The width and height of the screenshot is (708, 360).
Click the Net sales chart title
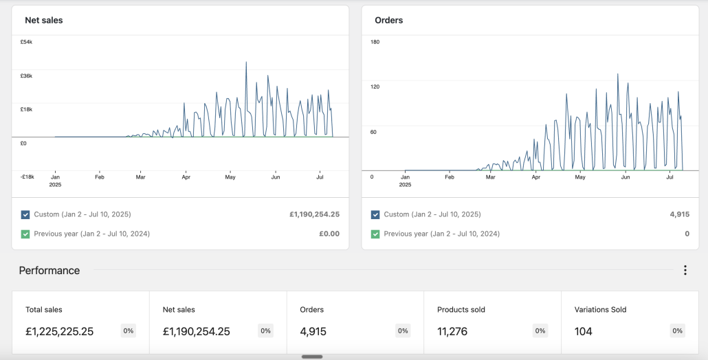point(44,21)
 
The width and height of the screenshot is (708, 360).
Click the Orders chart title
point(389,21)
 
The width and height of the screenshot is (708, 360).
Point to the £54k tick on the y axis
point(26,42)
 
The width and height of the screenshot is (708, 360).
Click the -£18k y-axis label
point(27,177)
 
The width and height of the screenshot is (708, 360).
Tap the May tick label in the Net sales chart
point(230,177)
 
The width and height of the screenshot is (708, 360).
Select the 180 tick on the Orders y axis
point(375,42)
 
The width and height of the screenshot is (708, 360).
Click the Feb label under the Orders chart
point(450,177)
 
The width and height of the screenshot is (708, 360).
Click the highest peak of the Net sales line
point(246,63)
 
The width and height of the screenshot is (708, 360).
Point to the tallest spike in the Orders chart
point(618,74)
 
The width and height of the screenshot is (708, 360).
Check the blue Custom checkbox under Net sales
point(25,215)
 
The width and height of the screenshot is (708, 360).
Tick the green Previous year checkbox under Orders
point(375,234)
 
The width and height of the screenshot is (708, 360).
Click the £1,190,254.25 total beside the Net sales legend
point(314,215)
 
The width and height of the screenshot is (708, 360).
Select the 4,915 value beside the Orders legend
point(680,215)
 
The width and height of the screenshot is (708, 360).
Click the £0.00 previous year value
point(329,234)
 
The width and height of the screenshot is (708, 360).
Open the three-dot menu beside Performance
point(685,270)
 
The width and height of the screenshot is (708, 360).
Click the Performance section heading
point(49,271)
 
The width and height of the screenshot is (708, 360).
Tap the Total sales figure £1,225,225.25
point(60,332)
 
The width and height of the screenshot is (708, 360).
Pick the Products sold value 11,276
point(452,332)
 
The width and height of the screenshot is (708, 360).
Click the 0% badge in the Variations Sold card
point(677,330)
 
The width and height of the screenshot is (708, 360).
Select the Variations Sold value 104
point(583,332)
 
